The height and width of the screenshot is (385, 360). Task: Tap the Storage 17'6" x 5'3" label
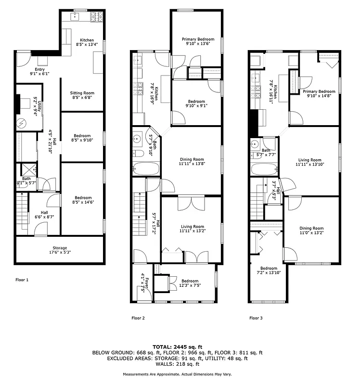[60, 250]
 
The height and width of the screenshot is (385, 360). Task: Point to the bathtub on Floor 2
[145, 169]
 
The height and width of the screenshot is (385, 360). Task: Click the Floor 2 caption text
[139, 318]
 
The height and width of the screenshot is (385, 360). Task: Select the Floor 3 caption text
[256, 318]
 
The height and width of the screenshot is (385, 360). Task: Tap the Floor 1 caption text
[22, 279]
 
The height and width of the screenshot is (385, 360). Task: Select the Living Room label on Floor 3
[309, 163]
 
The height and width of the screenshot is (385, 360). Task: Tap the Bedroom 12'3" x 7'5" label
[190, 283]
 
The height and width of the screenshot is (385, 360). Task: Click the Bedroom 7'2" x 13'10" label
[269, 271]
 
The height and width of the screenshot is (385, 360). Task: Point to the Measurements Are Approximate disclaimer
[180, 374]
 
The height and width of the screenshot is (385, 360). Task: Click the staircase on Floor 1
[22, 210]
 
